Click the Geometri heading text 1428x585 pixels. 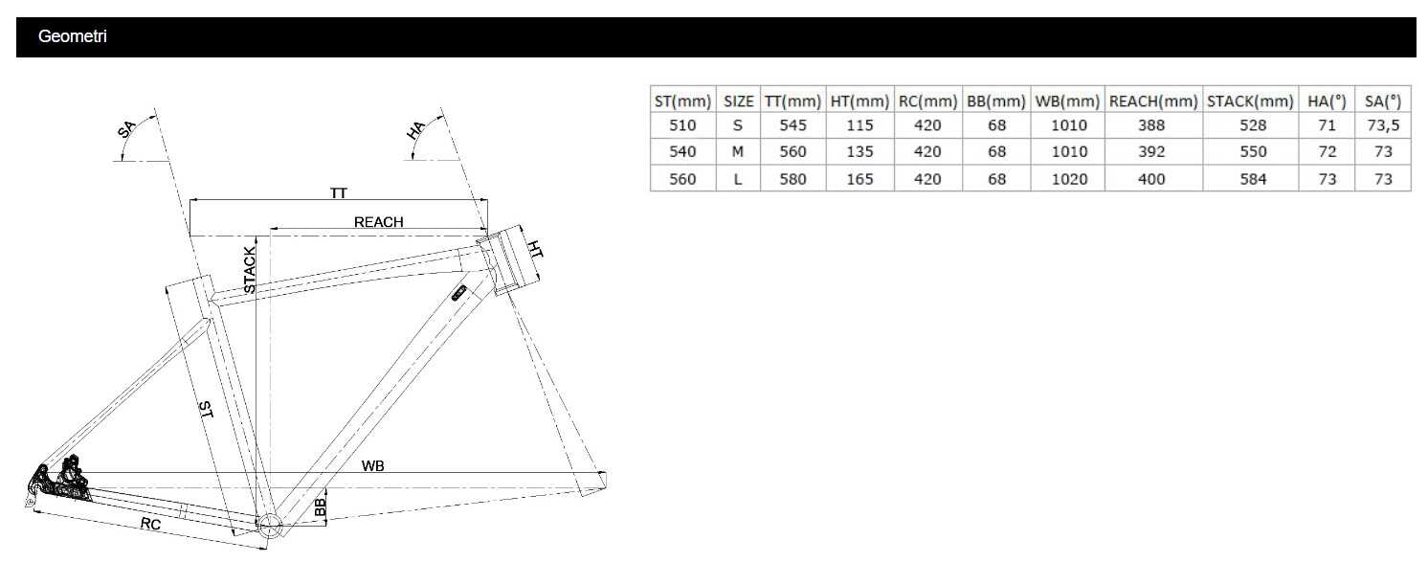pos(72,36)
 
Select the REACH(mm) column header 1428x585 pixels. pos(1153,101)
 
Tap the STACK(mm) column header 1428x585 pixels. pos(1250,101)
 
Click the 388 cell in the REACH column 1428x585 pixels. pos(1151,125)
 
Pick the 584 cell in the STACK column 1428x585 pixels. pos(1253,179)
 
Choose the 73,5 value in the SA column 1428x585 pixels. pos(1383,125)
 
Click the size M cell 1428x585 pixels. pos(738,152)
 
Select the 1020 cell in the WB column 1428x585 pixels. pos(1069,179)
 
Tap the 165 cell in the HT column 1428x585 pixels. pos(859,179)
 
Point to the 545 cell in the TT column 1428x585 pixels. pos(792,125)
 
